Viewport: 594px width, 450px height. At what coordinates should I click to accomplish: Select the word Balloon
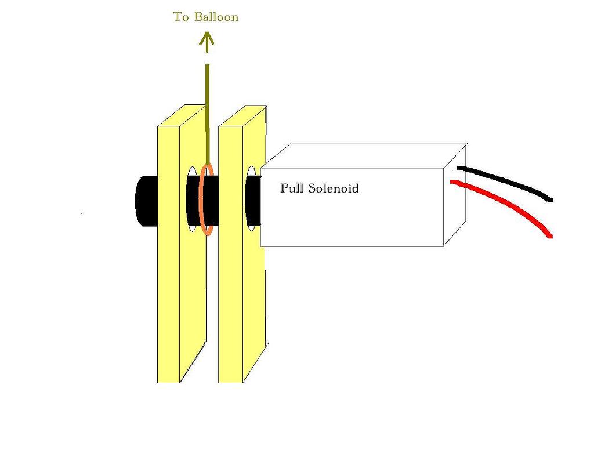coord(216,17)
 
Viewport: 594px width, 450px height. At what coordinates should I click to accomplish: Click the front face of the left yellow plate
coord(168,290)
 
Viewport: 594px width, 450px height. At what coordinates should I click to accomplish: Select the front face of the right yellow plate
coord(230,290)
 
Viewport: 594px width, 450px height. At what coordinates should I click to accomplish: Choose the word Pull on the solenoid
coord(292,188)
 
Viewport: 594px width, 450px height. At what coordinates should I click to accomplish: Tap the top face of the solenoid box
coord(365,155)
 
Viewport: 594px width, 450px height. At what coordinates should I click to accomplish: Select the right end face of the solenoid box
coord(455,197)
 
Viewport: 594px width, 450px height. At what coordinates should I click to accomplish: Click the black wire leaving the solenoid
coord(510,183)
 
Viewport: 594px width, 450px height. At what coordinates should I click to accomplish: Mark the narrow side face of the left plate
coord(193,302)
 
